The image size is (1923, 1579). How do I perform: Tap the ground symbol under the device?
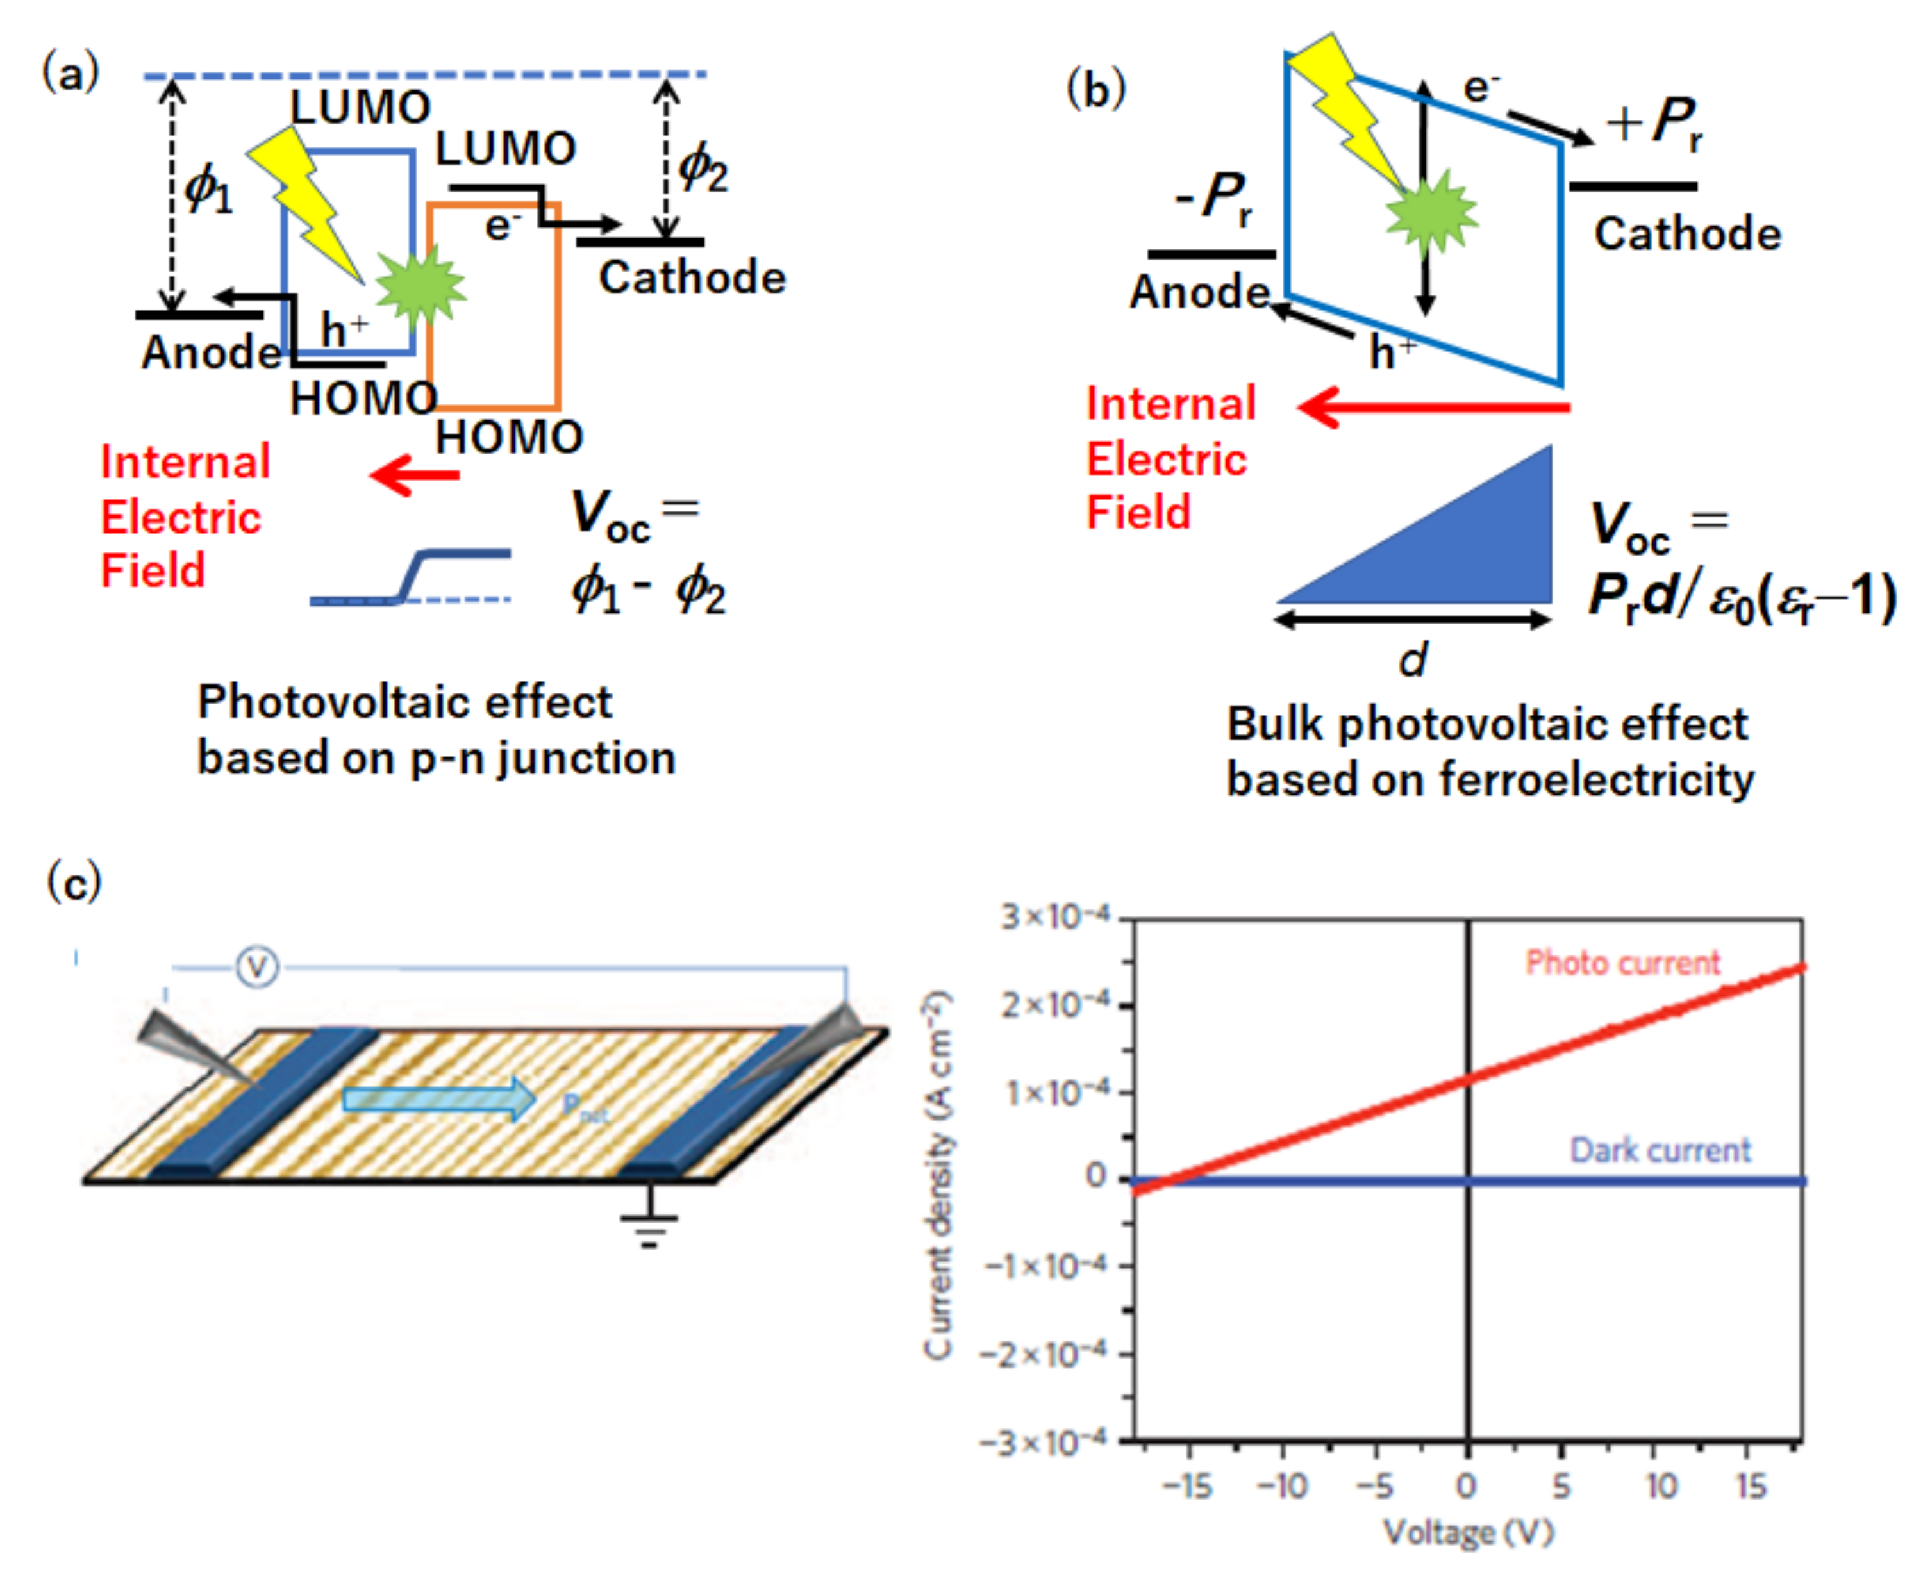click(x=649, y=1224)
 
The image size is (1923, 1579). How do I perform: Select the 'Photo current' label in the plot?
click(x=1622, y=963)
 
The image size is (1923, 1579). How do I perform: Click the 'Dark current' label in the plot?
click(x=1660, y=1150)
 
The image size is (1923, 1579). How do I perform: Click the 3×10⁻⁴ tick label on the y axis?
click(x=1055, y=916)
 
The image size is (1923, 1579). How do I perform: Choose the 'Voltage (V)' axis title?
click(x=1467, y=1533)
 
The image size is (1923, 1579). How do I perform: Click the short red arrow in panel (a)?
click(x=415, y=474)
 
